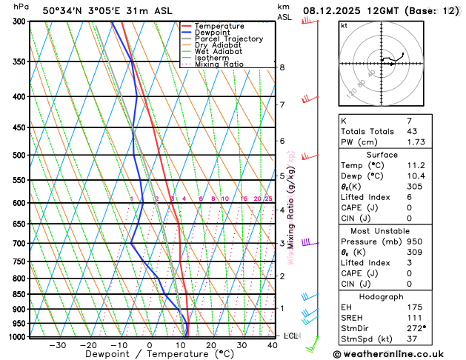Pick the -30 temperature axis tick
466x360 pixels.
[x=57, y=345]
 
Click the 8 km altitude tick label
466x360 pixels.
[x=282, y=67]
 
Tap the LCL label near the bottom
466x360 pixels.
[x=291, y=336]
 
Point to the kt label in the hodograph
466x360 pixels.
[x=344, y=25]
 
